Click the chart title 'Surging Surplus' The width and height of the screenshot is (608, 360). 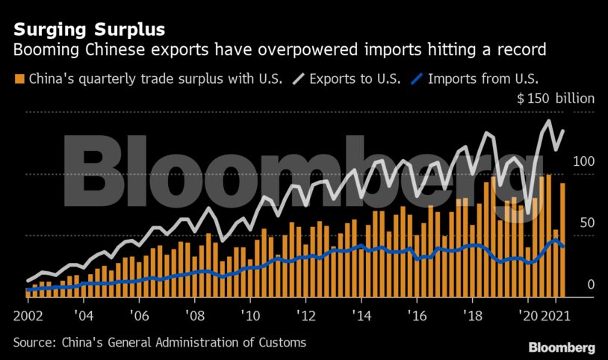(89, 31)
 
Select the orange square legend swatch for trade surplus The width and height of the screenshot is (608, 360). (19, 78)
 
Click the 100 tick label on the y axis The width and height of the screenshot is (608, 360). (583, 161)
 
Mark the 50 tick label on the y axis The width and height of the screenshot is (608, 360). (586, 223)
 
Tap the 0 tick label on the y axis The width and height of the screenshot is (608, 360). (590, 284)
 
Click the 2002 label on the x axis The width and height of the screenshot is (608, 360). (28, 315)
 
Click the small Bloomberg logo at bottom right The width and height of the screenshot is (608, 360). (561, 347)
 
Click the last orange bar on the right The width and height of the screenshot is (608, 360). (562, 239)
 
